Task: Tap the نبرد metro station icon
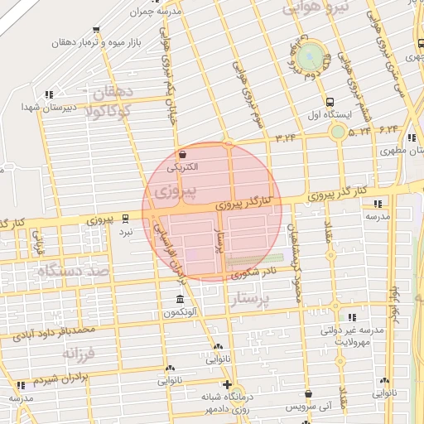pyautogui.click(x=126, y=219)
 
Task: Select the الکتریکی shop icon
pyautogui.click(x=182, y=154)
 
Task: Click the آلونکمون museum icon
pyautogui.click(x=180, y=299)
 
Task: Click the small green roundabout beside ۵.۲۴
pyautogui.click(x=338, y=131)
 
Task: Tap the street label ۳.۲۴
pyautogui.click(x=286, y=135)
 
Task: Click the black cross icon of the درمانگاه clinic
pyautogui.click(x=228, y=384)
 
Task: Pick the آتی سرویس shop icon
pyautogui.click(x=309, y=394)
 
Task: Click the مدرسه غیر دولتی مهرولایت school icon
pyautogui.click(x=352, y=316)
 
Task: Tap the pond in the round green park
pyautogui.click(x=311, y=56)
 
